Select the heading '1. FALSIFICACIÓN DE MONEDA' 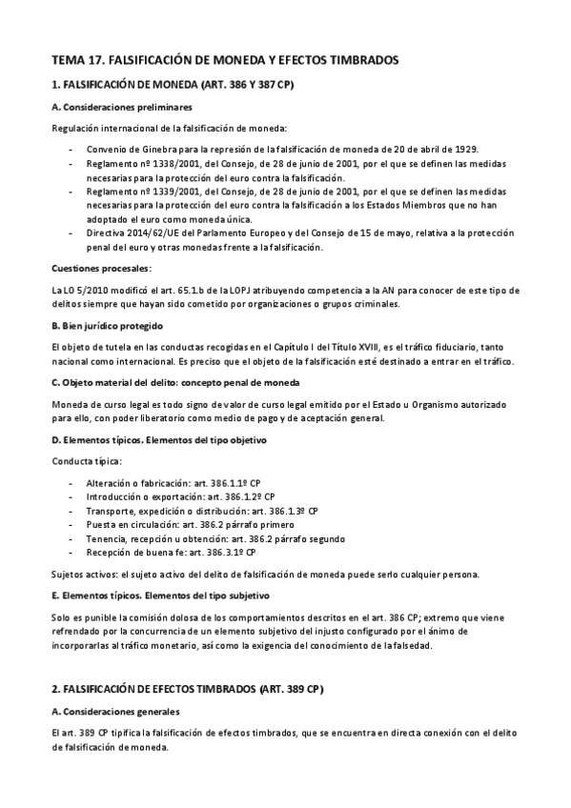pos(172,85)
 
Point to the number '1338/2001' pos(153,164)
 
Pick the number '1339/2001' pos(153,191)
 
